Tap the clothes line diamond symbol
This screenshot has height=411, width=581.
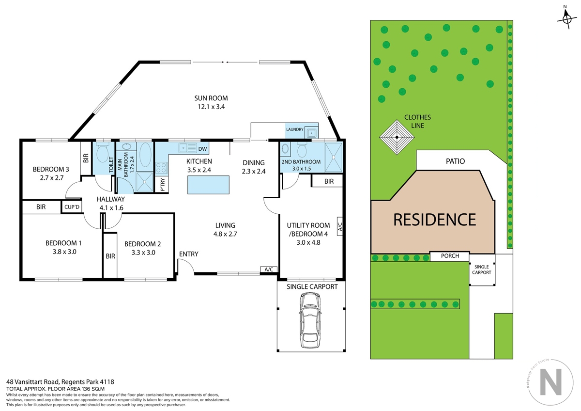click(397, 137)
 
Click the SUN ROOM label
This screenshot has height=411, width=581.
click(211, 98)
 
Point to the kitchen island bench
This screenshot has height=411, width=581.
click(208, 185)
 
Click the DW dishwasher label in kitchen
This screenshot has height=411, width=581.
click(202, 149)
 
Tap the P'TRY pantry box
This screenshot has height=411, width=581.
click(162, 185)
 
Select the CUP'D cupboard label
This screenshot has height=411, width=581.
click(72, 207)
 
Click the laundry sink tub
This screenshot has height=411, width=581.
click(311, 133)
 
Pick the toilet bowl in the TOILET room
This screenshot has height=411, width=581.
click(103, 153)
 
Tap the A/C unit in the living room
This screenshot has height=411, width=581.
click(269, 269)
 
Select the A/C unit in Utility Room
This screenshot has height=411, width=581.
click(340, 226)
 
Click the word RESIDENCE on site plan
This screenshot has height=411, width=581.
click(434, 220)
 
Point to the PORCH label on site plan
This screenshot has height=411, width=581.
click(450, 256)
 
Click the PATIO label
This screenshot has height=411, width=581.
click(455, 161)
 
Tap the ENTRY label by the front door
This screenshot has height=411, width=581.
click(188, 254)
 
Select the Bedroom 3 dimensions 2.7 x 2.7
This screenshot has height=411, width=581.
click(52, 178)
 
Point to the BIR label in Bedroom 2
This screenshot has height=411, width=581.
click(110, 256)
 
